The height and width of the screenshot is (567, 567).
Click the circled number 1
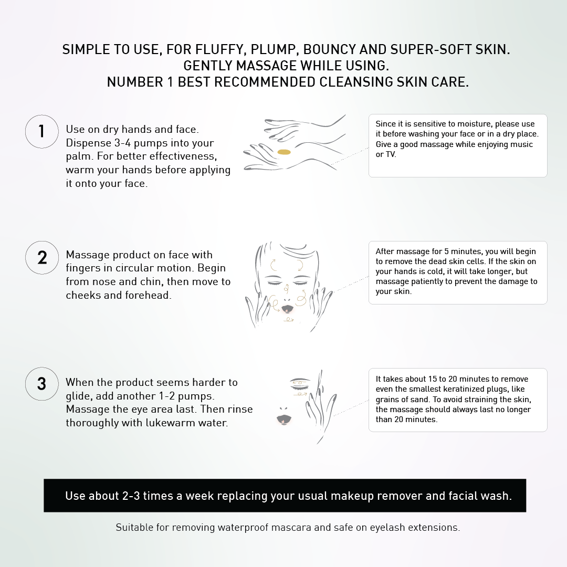42,132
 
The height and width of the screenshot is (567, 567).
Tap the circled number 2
42,257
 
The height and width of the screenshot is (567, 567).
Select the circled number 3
42,384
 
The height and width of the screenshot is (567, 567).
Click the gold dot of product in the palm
284,152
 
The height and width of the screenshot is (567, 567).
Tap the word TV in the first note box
390,154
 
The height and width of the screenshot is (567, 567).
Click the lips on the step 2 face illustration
287,309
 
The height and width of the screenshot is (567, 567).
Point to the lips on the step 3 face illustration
284,419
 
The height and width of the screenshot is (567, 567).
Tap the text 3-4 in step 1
122,143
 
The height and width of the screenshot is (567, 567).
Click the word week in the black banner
201,496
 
